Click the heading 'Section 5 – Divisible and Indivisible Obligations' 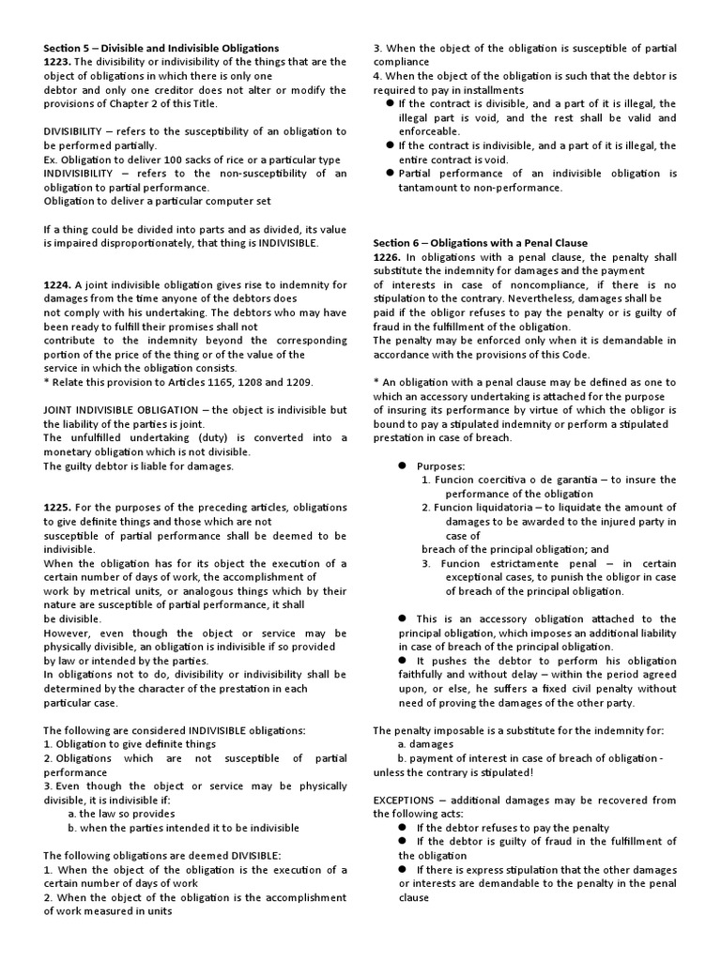coord(161,48)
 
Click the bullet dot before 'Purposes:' coord(400,465)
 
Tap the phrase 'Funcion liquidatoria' coord(482,508)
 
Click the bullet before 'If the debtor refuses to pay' coord(402,828)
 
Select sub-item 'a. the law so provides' coord(121,814)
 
